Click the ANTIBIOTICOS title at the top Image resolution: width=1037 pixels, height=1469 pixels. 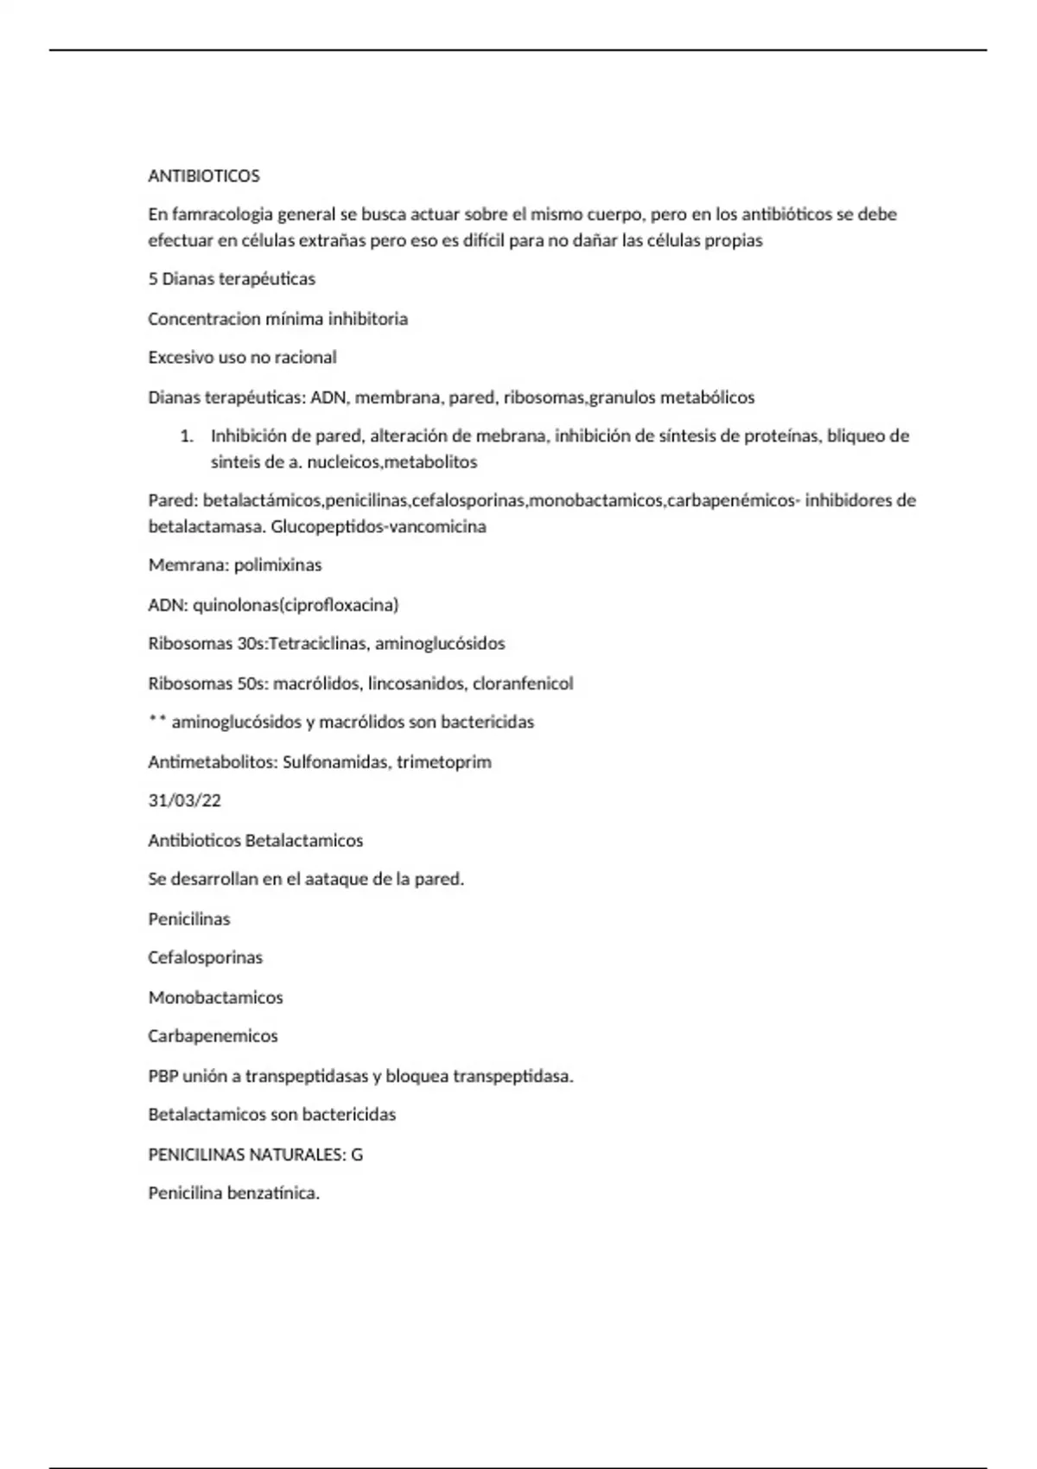pos(204,176)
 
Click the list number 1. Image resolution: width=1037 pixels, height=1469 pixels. pos(187,436)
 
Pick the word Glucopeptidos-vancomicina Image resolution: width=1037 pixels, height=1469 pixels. pos(379,526)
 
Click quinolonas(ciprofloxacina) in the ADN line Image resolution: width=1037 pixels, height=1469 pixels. pos(296,605)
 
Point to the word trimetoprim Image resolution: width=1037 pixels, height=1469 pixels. pos(444,762)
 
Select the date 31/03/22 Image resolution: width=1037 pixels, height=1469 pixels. pos(185,801)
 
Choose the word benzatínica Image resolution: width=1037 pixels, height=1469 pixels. pos(273,1193)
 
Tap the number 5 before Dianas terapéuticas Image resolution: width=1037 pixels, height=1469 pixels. pos(153,279)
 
